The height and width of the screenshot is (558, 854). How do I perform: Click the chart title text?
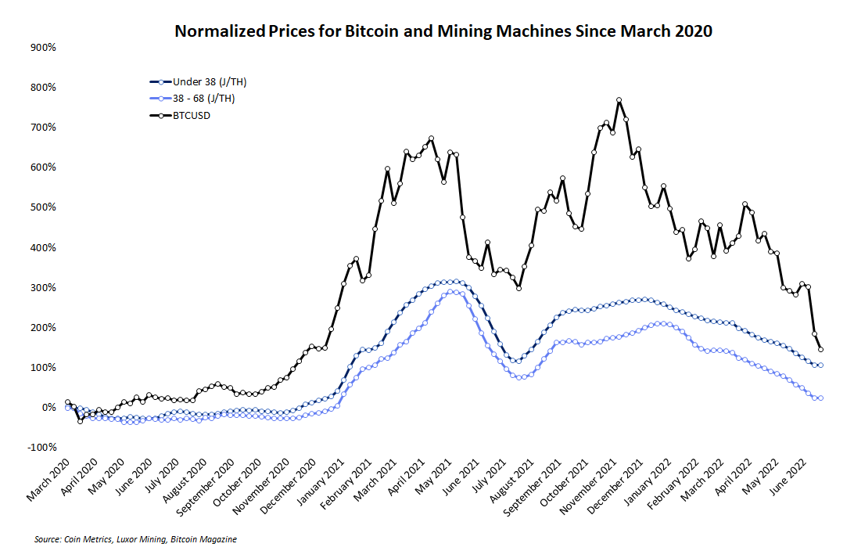coord(443,32)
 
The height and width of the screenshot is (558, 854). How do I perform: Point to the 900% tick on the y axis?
coord(42,47)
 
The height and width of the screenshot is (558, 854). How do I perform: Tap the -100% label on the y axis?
coord(41,447)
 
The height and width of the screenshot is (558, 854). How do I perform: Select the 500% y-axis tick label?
coord(42,207)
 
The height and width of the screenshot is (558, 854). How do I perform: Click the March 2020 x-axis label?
coord(49,481)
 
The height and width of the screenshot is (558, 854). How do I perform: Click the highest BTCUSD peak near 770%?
coord(619,100)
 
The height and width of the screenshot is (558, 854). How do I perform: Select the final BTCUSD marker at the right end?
coord(820,350)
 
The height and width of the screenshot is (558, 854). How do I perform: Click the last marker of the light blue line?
coord(820,398)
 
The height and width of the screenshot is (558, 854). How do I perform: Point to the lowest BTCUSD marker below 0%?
coord(80,421)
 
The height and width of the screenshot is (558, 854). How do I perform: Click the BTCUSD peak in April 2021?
coord(431,139)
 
